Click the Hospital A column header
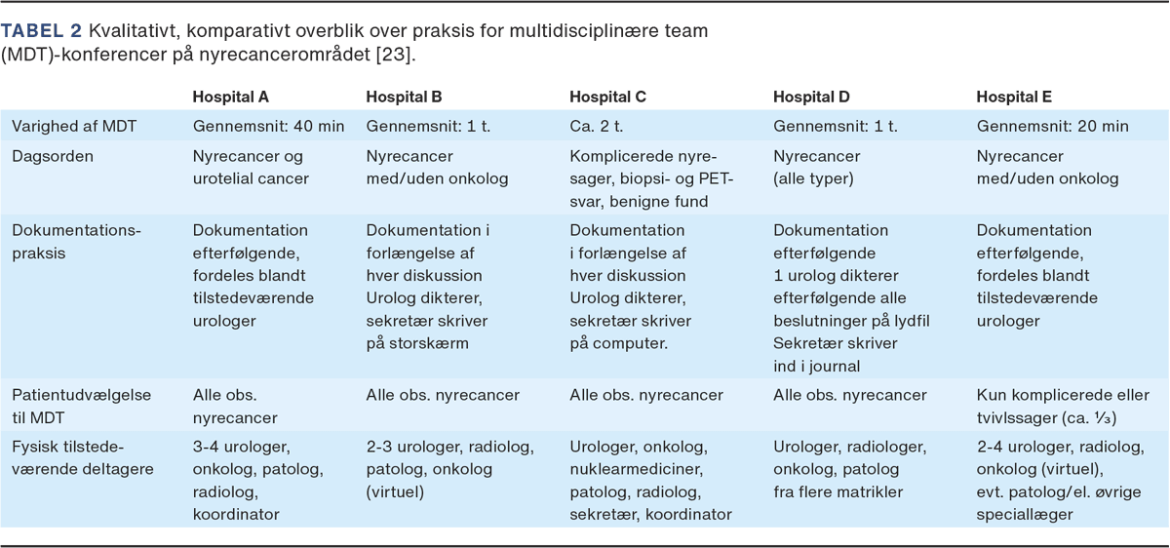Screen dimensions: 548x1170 [231, 98]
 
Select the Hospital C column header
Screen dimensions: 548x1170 [608, 98]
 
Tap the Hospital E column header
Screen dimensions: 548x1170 [1014, 98]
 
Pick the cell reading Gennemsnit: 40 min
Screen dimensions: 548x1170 [269, 126]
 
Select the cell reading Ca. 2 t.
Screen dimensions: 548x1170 [596, 126]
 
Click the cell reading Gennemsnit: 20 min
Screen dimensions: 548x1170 [1052, 126]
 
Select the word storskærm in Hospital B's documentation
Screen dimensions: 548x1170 [429, 342]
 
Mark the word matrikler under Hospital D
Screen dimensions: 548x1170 [866, 491]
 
